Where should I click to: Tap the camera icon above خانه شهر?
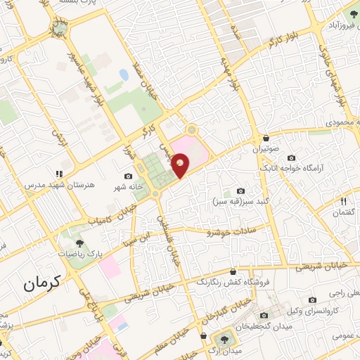click(128, 176)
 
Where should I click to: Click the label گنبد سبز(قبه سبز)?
click(235, 201)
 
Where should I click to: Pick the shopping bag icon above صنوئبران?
click(266, 138)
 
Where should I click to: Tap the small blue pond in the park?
click(124, 74)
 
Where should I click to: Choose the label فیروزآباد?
click(336, 26)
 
